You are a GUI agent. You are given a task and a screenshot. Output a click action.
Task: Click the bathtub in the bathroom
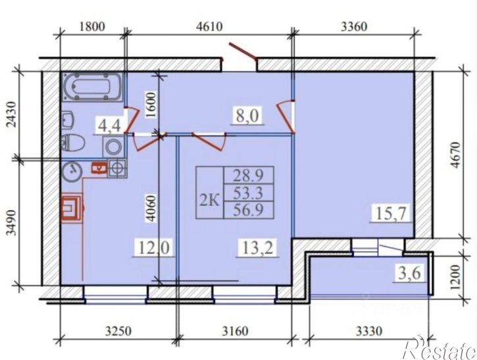click(93, 87)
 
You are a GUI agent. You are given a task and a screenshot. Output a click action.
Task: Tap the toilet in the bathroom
click(73, 143)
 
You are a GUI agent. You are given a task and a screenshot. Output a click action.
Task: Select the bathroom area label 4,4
click(110, 126)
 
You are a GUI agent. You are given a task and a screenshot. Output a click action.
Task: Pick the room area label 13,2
click(258, 247)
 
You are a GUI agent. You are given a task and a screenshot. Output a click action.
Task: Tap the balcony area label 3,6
click(409, 273)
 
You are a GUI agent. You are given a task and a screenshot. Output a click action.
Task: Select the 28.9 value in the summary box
click(248, 175)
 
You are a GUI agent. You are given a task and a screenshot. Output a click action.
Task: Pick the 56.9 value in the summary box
click(248, 210)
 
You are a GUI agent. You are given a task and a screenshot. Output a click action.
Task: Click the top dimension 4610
click(210, 26)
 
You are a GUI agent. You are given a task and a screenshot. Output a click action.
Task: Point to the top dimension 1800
click(92, 26)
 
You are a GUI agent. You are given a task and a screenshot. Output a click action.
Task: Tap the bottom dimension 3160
click(235, 331)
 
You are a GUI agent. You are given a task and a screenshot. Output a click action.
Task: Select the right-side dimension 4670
click(456, 155)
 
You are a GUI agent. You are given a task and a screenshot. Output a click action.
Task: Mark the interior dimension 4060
click(151, 209)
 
